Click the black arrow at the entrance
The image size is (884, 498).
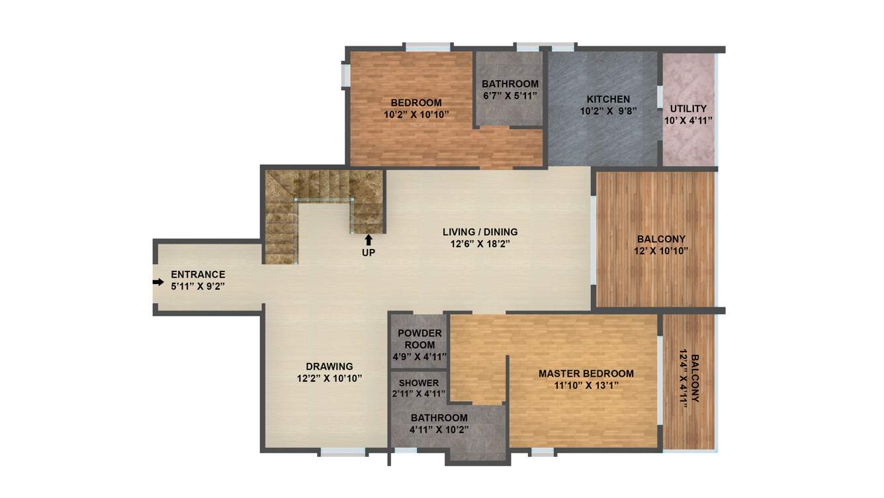(x=158, y=282)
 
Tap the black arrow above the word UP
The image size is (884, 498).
(x=368, y=240)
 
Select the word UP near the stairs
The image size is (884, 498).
(x=368, y=252)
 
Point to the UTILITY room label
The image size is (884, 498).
(x=688, y=109)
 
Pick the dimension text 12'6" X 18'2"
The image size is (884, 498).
(x=480, y=244)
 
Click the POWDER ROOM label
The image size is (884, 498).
(x=420, y=339)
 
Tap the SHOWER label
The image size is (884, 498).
(x=418, y=383)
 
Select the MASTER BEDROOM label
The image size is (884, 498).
(x=586, y=373)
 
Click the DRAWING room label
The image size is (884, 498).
(x=329, y=366)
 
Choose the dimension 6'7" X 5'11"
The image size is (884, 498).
(x=509, y=95)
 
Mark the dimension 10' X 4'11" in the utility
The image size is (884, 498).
(x=688, y=121)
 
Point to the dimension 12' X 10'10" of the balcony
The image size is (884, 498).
(x=661, y=250)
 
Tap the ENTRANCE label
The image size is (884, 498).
(x=198, y=274)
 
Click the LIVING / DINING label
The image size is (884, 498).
(x=480, y=232)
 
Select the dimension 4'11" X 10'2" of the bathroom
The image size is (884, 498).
(x=439, y=429)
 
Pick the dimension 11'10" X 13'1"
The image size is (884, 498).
(x=586, y=385)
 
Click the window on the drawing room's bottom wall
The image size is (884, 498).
(x=343, y=452)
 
